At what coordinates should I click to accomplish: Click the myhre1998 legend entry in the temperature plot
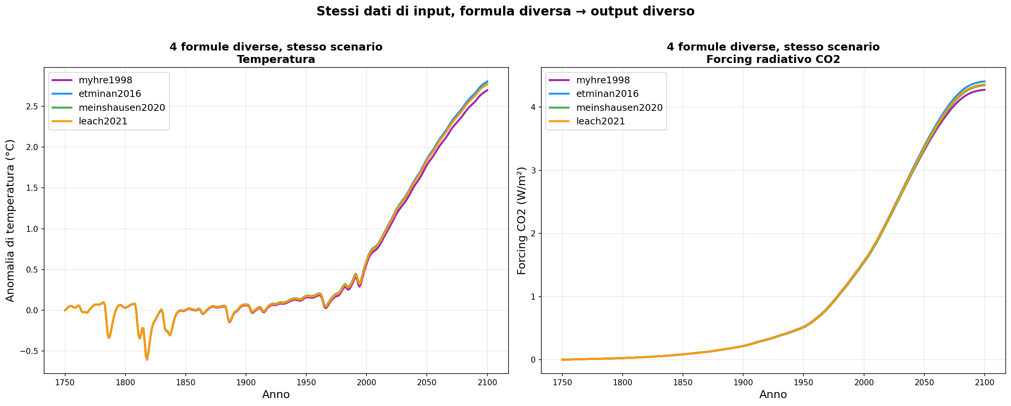[x=105, y=80]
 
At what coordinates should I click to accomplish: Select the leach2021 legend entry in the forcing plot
[x=600, y=121]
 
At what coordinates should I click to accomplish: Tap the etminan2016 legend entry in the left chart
[x=110, y=94]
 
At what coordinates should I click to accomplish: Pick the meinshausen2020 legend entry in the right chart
[x=619, y=107]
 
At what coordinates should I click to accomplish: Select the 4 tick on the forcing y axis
[x=533, y=107]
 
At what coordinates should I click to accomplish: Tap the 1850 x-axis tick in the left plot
[x=185, y=382]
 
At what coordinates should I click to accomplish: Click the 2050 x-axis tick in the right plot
[x=924, y=382]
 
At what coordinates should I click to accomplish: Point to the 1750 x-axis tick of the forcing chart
[x=562, y=382]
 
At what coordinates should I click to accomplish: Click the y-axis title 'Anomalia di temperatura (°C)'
[x=10, y=220]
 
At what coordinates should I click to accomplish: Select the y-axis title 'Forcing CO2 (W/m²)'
[x=521, y=220]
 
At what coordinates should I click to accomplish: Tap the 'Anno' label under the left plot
[x=276, y=395]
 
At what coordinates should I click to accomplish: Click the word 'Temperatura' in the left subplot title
[x=276, y=59]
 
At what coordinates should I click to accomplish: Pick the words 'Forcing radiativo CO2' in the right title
[x=773, y=59]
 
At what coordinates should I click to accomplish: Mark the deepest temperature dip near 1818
[x=147, y=359]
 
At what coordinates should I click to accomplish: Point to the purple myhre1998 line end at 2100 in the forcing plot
[x=985, y=90]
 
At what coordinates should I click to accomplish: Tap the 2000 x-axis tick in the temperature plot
[x=366, y=382]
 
